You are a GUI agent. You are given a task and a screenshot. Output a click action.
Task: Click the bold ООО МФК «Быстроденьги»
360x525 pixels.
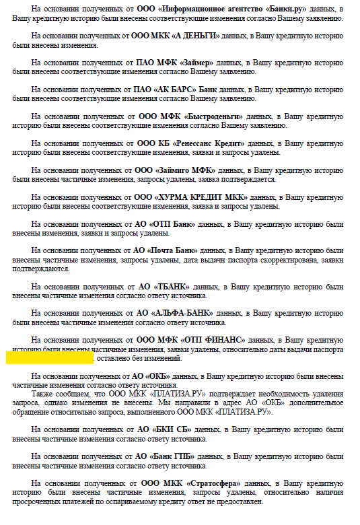point(189,116)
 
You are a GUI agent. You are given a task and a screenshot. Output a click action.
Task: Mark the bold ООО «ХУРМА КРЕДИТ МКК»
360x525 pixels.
point(191,197)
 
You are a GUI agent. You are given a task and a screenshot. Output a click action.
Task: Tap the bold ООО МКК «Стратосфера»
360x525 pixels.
point(190,483)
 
